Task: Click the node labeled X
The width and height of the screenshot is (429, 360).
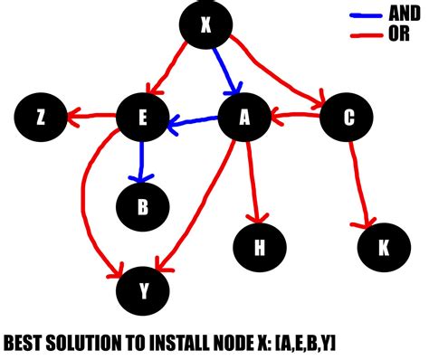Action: click(205, 26)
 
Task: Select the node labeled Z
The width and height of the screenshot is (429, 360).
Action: click(40, 117)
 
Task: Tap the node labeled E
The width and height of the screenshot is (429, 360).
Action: click(142, 118)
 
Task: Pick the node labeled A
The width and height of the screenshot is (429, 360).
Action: click(243, 118)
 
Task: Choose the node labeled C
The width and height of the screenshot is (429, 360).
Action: click(348, 117)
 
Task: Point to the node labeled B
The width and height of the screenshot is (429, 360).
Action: click(142, 207)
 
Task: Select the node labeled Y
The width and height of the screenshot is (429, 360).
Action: click(142, 289)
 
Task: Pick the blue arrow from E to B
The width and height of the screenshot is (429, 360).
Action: click(141, 162)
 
